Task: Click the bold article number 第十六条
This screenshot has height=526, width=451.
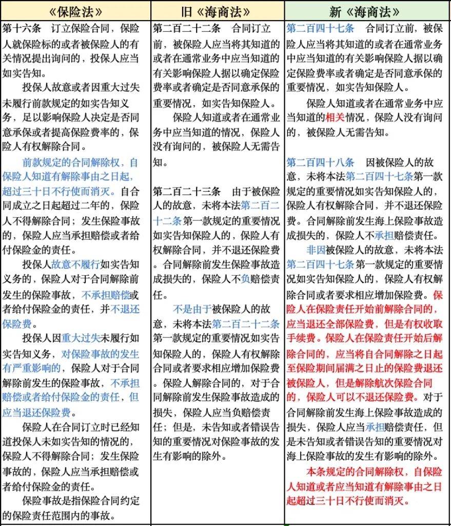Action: tap(21, 28)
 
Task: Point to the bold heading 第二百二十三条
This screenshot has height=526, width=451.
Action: tap(187, 192)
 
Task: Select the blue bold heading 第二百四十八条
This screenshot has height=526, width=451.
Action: tap(320, 163)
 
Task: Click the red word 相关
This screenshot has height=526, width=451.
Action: tap(336, 118)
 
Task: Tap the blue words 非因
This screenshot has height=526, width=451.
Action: tap(318, 250)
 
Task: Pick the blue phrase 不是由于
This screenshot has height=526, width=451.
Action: tap(192, 309)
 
